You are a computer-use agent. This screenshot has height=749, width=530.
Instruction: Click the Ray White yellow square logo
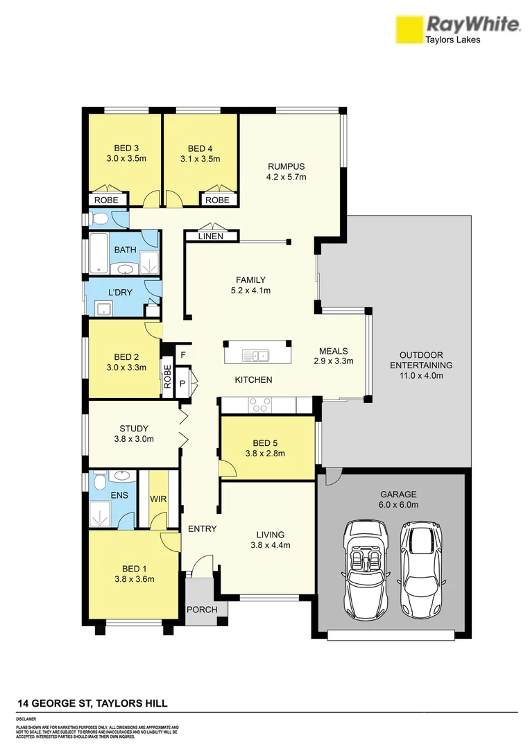tap(409, 30)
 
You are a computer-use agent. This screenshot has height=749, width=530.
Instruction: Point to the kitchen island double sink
tap(255, 356)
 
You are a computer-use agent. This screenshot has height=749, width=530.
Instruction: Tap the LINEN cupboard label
tap(211, 236)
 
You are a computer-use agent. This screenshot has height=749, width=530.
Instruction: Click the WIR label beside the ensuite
tap(157, 499)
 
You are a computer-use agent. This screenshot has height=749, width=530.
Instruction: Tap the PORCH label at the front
tap(202, 610)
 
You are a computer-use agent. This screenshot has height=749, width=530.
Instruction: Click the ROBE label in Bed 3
tap(107, 200)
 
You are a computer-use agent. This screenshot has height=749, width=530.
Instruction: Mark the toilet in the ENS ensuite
tap(99, 481)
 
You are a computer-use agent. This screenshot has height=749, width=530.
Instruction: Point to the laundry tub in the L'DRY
tap(103, 309)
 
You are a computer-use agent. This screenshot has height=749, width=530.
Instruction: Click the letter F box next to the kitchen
tap(183, 355)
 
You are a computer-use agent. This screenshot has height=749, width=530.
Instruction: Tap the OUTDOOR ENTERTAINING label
tap(420, 360)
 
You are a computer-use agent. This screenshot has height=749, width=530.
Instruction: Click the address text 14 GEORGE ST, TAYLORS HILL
tap(92, 703)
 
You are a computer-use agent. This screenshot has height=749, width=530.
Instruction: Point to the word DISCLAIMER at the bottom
tap(26, 719)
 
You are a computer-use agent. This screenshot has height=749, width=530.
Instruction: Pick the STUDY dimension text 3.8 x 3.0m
tap(133, 439)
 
